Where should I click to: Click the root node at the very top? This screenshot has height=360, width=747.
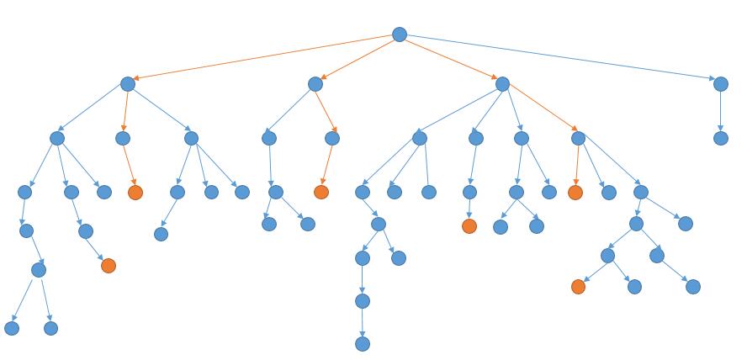(x=400, y=34)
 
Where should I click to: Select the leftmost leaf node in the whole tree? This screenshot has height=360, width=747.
(x=12, y=328)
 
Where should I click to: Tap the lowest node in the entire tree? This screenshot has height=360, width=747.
(x=363, y=343)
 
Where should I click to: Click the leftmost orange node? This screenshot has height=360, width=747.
(x=109, y=266)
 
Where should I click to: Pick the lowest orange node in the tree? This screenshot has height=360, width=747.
(x=578, y=287)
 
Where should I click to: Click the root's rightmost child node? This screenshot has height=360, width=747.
(x=720, y=84)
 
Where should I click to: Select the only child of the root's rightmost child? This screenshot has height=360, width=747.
(x=720, y=138)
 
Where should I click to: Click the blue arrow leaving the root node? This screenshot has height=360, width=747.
(x=559, y=59)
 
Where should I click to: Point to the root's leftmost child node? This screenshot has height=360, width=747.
(x=128, y=84)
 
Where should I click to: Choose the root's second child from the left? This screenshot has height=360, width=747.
(x=315, y=84)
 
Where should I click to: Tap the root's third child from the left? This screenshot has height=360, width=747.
(x=502, y=84)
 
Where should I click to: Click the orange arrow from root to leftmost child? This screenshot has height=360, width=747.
(x=263, y=59)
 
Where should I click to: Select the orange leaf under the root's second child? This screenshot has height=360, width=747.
(x=321, y=192)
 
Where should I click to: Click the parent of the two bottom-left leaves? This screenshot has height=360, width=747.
(x=39, y=270)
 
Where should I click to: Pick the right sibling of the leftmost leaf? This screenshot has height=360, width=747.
(x=50, y=328)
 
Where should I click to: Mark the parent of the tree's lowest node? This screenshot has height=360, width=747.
(x=363, y=301)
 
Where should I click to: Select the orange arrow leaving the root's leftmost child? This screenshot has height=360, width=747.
(x=125, y=111)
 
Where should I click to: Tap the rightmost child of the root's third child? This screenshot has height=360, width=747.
(x=578, y=138)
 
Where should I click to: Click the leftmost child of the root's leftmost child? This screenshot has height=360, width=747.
(x=57, y=138)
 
